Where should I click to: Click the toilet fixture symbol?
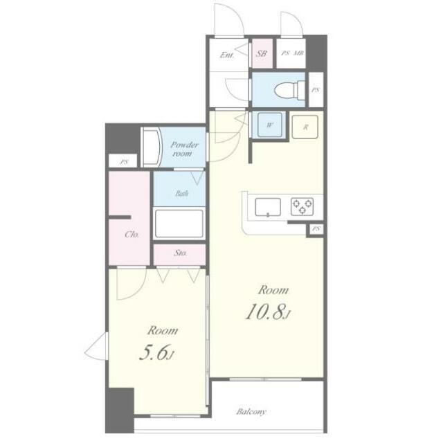click(290, 90)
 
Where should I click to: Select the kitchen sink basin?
click(268, 207)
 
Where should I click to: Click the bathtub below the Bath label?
click(179, 224)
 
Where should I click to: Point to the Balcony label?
click(251, 412)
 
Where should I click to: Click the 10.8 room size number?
click(265, 312)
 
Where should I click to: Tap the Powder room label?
click(184, 150)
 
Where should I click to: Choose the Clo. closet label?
click(132, 234)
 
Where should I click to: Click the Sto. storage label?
click(180, 253)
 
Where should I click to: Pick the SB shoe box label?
click(262, 53)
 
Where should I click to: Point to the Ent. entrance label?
click(227, 55)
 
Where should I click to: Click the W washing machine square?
click(270, 125)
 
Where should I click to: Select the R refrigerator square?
click(305, 127)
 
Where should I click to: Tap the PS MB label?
click(292, 53)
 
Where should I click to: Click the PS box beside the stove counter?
click(316, 229)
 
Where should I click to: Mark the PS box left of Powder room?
click(123, 162)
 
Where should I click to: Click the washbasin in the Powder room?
click(151, 147)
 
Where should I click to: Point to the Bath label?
click(181, 194)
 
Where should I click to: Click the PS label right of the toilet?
click(316, 90)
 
